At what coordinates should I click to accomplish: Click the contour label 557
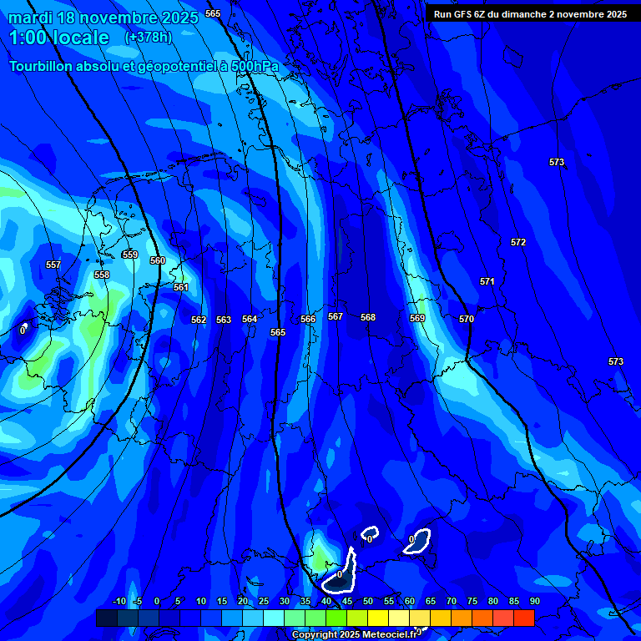click(x=53, y=265)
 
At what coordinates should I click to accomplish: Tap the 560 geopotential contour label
click(x=158, y=261)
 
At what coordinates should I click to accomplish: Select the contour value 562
click(x=199, y=320)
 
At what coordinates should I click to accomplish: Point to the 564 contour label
click(x=250, y=319)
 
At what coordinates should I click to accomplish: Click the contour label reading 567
click(x=336, y=316)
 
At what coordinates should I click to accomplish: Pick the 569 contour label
click(x=417, y=318)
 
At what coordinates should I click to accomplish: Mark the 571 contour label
click(x=487, y=281)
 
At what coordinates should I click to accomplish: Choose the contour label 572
click(x=518, y=242)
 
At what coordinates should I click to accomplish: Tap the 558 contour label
click(x=102, y=275)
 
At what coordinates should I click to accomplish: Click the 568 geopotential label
click(x=368, y=317)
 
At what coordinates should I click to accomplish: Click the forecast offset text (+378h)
click(x=149, y=38)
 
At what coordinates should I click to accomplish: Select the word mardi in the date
click(x=31, y=18)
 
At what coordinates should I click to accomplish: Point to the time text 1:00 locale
click(x=58, y=38)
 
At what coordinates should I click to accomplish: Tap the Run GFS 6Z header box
click(x=530, y=13)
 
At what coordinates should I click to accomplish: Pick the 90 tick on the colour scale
click(x=534, y=601)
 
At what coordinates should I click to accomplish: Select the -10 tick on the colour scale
click(x=119, y=601)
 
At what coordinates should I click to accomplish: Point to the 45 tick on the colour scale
click(x=346, y=601)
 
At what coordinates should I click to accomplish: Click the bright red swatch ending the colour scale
click(x=523, y=618)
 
